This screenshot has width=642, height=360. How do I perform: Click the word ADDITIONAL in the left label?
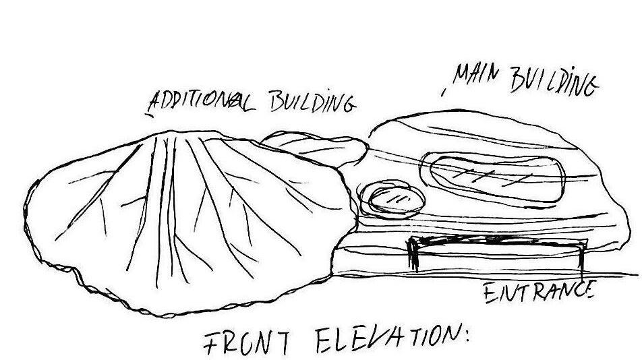tap(200, 102)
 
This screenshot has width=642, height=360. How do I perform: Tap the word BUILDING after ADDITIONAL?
tap(311, 104)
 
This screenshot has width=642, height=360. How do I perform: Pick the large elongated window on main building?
tap(492, 176)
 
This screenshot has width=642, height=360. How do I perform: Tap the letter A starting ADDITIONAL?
tap(155, 102)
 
